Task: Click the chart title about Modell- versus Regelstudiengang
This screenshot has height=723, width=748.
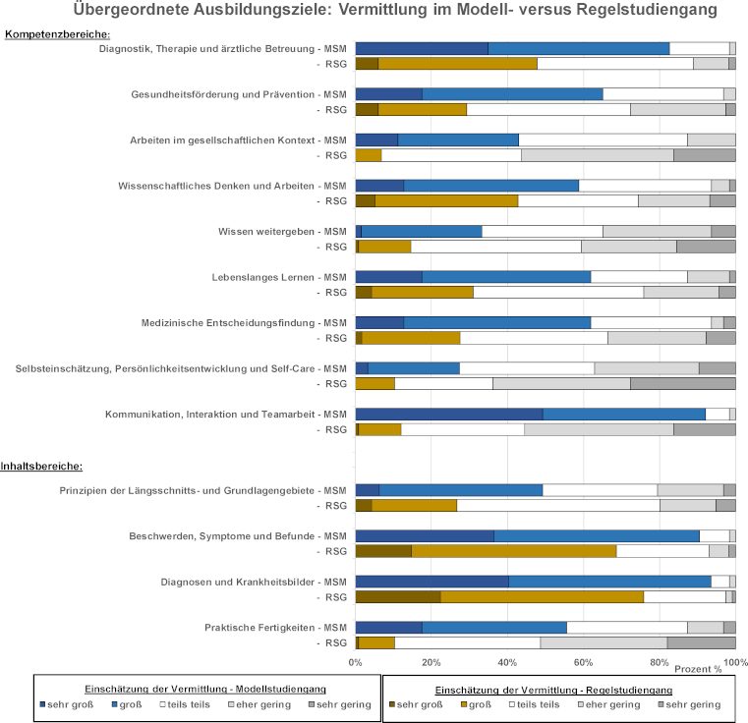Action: [395, 10]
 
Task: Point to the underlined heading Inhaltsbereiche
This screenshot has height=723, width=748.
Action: [41, 466]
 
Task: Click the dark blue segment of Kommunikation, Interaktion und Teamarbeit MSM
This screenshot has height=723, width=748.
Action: [448, 414]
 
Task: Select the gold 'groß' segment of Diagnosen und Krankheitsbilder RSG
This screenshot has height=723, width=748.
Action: [542, 596]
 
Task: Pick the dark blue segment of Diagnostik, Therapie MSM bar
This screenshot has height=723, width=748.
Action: [422, 48]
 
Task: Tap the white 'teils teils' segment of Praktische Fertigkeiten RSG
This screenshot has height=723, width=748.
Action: [467, 642]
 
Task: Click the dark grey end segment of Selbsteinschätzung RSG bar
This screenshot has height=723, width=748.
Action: [682, 383]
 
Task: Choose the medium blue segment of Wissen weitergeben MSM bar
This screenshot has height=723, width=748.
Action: [422, 231]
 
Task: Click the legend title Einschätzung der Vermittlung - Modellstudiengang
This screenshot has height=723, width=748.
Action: [206, 689]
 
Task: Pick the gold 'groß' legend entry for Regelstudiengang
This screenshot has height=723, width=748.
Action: [473, 704]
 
